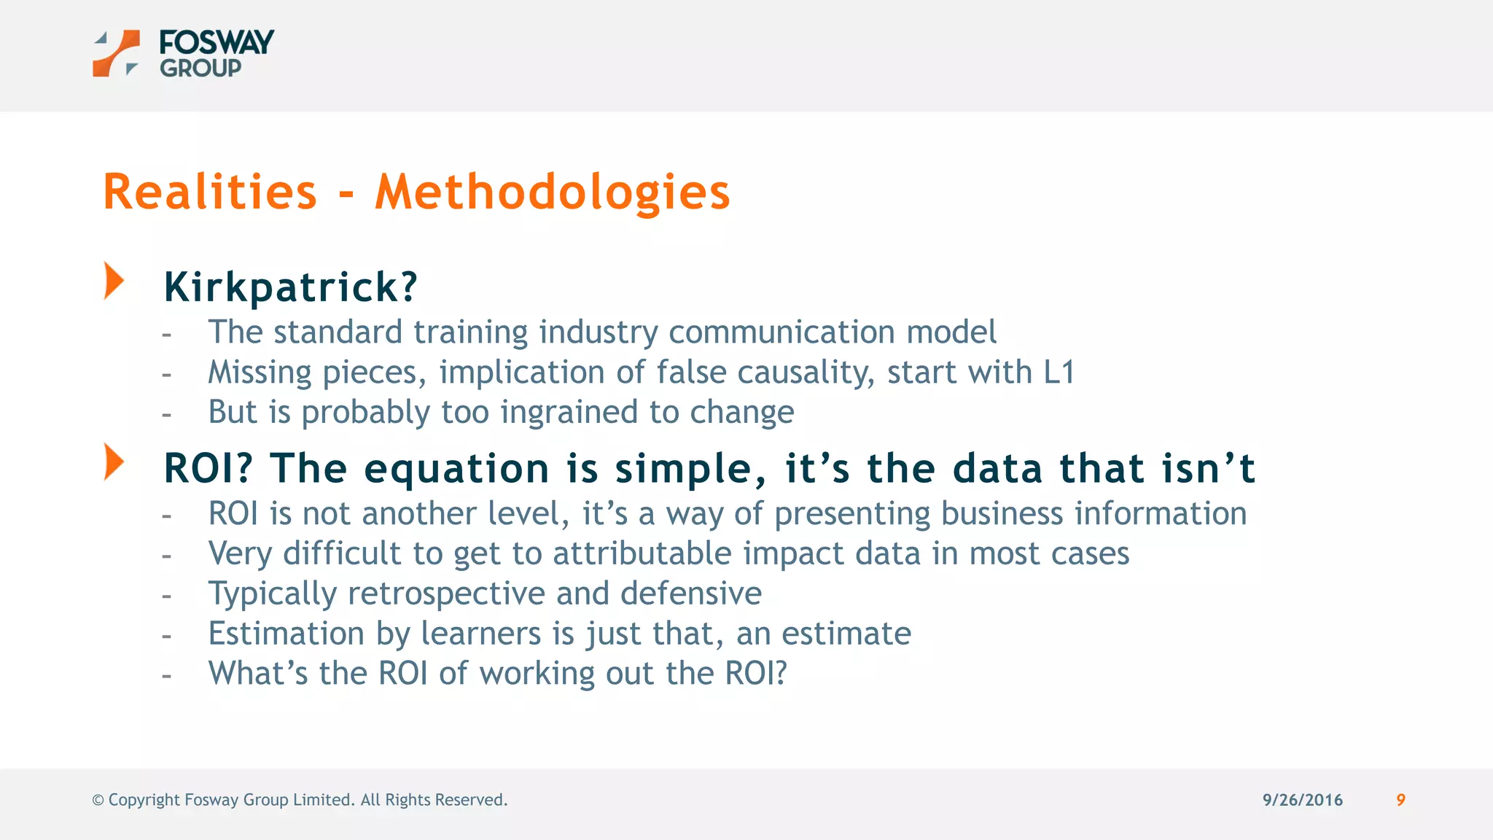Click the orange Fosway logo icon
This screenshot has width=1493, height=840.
coord(116,53)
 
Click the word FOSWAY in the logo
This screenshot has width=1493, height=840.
coord(217,42)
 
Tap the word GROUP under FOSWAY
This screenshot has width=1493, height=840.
coord(200,69)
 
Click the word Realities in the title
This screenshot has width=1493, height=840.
coord(210,192)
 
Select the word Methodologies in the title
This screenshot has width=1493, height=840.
coord(552,192)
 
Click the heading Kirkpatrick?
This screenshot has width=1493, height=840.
coord(290,287)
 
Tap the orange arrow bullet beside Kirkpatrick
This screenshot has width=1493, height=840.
coord(114,281)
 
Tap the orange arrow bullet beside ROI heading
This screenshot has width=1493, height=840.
coord(114,462)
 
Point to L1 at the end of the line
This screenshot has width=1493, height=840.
coord(1059,373)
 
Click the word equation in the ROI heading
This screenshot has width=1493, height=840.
coord(456,468)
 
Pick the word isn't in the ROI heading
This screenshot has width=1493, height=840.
coord(1208,468)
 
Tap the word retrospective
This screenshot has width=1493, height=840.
coord(446,594)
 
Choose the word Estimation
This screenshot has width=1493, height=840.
coord(286,634)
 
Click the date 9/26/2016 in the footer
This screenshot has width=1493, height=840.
coord(1302,800)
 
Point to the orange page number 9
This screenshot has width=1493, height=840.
coord(1400,800)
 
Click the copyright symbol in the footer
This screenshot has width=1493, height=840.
coord(98,801)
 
